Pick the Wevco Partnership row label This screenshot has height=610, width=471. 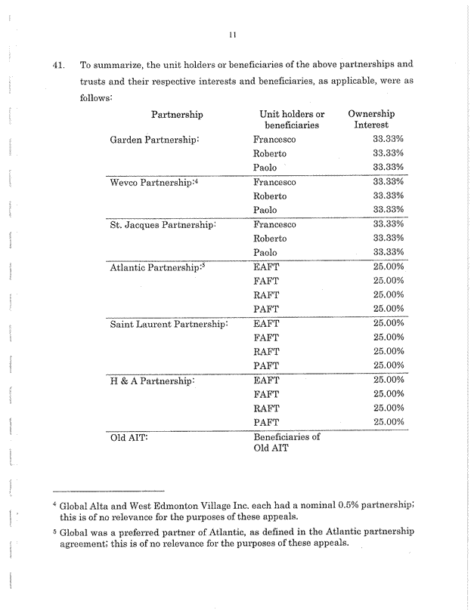(x=153, y=183)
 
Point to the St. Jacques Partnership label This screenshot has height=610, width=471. (x=163, y=225)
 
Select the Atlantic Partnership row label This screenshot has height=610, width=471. (x=157, y=267)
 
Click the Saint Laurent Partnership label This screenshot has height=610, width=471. (x=169, y=324)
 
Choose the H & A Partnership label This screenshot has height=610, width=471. (x=152, y=380)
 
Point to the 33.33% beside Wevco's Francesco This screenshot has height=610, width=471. (x=390, y=182)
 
